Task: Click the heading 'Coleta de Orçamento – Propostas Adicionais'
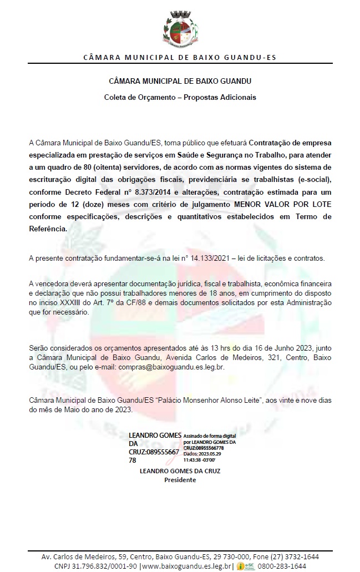pos(180,97)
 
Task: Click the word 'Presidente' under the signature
pos(180,480)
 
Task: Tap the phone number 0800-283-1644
pos(283,566)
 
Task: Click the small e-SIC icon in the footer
pos(245,566)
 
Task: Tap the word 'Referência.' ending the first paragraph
pos(49,229)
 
